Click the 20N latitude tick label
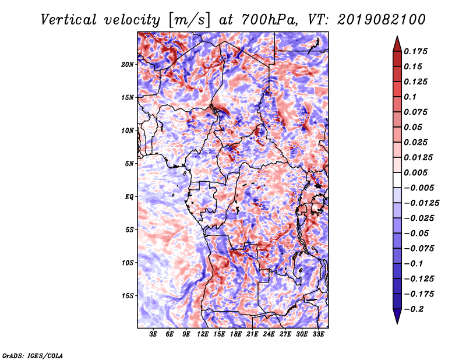(128, 65)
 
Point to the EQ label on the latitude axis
(129, 197)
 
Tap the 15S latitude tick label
(128, 296)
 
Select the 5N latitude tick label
(129, 164)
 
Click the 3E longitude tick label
(153, 334)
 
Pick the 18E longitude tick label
(236, 334)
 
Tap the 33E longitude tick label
(318, 334)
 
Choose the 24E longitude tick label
(269, 334)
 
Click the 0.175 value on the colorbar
(415, 51)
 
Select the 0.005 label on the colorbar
(415, 172)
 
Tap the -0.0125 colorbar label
(421, 203)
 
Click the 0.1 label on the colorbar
(410, 97)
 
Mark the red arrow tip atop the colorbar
(397, 36)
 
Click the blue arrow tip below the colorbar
(397, 323)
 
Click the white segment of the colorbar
(397, 180)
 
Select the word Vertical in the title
(69, 20)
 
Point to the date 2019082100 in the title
(382, 20)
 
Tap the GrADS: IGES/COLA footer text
(33, 356)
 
